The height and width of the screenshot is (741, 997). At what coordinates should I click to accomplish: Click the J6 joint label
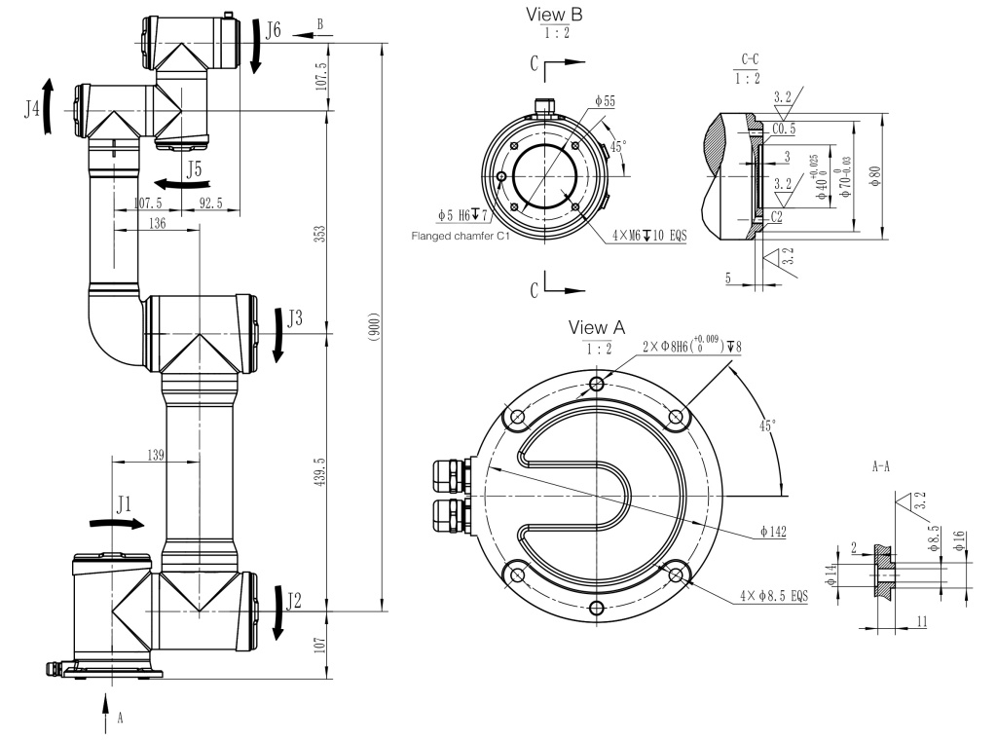click(x=273, y=30)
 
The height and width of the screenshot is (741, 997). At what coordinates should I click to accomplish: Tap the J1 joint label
click(x=124, y=505)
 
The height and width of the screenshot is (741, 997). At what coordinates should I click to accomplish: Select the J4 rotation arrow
click(x=48, y=106)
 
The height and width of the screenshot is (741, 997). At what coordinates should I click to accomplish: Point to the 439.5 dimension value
click(x=320, y=471)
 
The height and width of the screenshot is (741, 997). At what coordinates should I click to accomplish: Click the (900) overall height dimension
click(x=374, y=327)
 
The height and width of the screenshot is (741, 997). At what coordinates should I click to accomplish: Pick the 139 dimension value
click(x=156, y=454)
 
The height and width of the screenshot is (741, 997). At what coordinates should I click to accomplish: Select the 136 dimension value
click(x=157, y=223)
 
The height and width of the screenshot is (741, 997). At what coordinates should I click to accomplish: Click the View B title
click(x=554, y=14)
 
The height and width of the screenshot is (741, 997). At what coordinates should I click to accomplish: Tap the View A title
click(x=597, y=327)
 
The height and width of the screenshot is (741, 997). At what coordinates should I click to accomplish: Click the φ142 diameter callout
click(x=772, y=532)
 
